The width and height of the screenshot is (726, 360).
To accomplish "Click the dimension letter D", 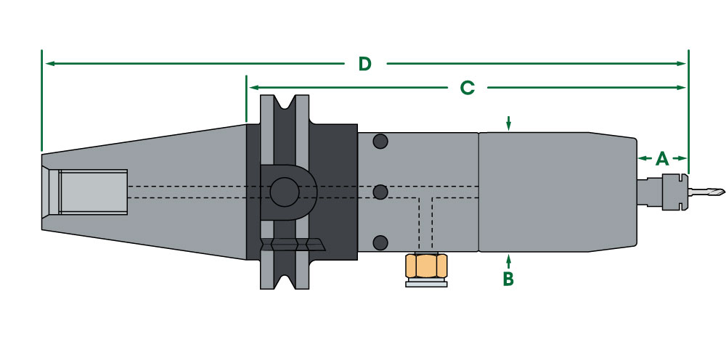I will (364, 64).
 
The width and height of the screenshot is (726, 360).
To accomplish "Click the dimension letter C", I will (467, 88).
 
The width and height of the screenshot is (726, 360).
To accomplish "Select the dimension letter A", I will (661, 158).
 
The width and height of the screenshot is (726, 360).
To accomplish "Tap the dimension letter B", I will (508, 278).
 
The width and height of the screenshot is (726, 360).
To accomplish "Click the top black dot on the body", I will (378, 141).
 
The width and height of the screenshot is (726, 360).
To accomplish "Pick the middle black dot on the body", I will (378, 192).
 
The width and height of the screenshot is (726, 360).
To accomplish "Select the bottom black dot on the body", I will (378, 242).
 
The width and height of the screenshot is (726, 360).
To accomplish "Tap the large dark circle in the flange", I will (282, 192).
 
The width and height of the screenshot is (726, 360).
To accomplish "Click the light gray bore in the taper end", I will (92, 192).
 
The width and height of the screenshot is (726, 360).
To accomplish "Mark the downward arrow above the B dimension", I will (509, 125).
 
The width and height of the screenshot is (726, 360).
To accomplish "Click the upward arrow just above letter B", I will (509, 258).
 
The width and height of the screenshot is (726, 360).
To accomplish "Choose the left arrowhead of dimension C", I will (253, 88).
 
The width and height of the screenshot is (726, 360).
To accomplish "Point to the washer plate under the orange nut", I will (426, 283).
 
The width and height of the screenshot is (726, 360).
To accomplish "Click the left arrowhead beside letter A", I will (642, 158).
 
